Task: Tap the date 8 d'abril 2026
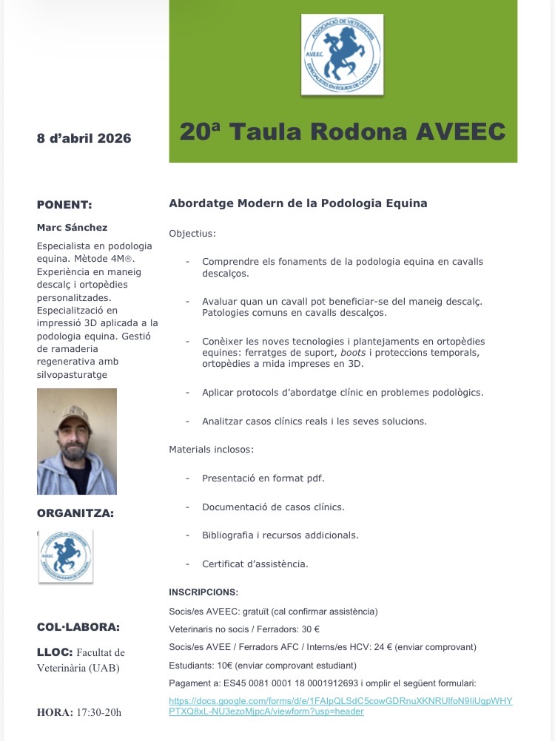(x=84, y=138)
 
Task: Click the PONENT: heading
(x=64, y=205)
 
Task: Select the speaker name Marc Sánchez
(x=72, y=227)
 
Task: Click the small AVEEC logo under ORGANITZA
(x=66, y=556)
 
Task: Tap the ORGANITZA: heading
(x=75, y=512)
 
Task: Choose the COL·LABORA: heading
(x=78, y=627)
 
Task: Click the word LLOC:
(x=54, y=652)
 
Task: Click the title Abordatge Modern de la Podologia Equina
(x=297, y=203)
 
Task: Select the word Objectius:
(x=192, y=233)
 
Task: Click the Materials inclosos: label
(x=212, y=449)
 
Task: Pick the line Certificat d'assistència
(x=255, y=564)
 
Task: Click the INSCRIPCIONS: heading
(x=203, y=592)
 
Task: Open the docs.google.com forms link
(x=340, y=706)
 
